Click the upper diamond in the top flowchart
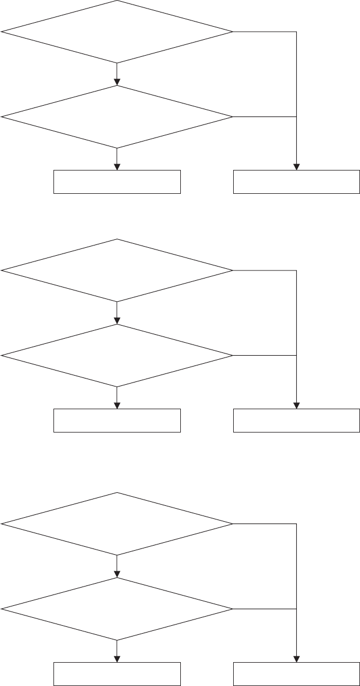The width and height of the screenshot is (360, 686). pos(117,31)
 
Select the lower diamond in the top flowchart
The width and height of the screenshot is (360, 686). pos(117,117)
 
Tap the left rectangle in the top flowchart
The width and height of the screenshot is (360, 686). pos(117,182)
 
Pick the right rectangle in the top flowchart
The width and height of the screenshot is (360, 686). pos(296,182)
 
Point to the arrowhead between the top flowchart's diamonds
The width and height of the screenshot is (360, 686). pos(117,82)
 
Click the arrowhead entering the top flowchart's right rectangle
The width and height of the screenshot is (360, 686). pos(296,167)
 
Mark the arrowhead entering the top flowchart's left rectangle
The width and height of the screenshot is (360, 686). pos(117,167)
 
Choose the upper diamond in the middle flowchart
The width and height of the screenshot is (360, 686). pos(117,270)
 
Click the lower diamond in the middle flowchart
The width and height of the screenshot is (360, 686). pos(117,356)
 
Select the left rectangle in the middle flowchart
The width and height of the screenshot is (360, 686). pos(117,421)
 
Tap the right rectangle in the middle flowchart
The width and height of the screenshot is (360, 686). pos(296,421)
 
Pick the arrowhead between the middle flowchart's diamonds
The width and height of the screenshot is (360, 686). pos(117,321)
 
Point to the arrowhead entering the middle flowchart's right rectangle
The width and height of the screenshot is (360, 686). pos(296,405)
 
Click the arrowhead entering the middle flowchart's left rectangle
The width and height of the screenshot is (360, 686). pos(117,405)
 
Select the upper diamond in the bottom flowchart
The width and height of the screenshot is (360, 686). pos(117,523)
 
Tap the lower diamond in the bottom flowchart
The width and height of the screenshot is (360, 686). pos(117,609)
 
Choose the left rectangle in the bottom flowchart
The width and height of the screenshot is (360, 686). pos(117,674)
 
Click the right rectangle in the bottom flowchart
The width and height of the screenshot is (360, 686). pos(296,674)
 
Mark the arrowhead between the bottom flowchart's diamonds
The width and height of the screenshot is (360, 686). pos(117,574)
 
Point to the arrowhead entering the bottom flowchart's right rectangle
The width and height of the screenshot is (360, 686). pos(296,659)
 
